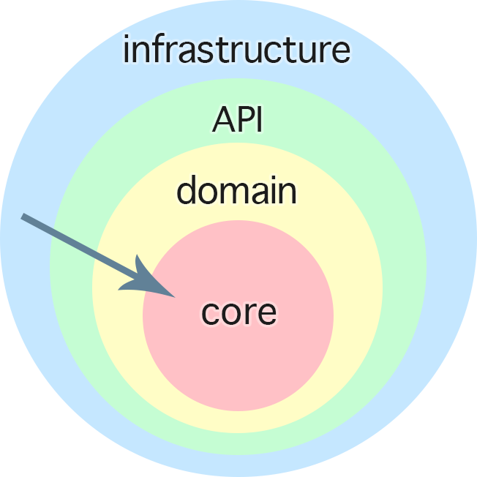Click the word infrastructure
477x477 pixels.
pos(236,50)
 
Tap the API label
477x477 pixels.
pos(237,119)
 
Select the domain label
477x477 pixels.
pos(236,191)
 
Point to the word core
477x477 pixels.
pos(239,312)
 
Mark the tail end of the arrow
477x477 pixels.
pos(24,217)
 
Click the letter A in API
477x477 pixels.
pos(223,119)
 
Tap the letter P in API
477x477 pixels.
pos(245,119)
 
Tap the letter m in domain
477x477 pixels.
pos(237,193)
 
